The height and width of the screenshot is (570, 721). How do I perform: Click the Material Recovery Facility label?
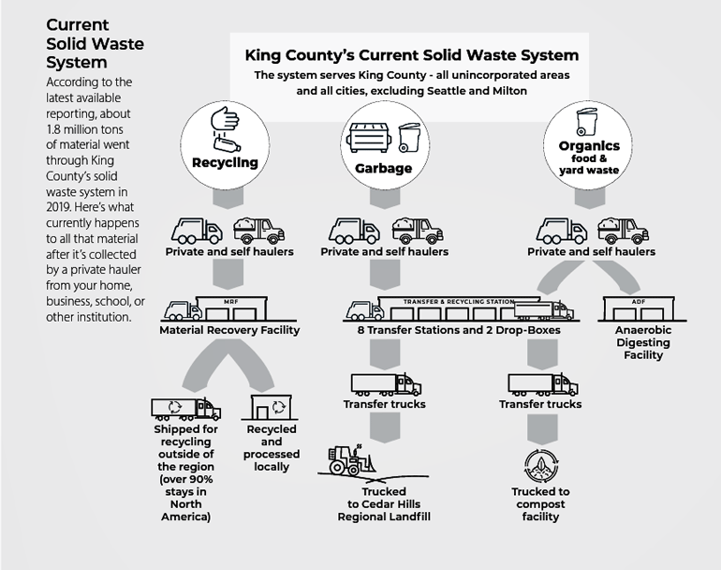(229, 330)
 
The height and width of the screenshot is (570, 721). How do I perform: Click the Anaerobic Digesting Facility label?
(640, 343)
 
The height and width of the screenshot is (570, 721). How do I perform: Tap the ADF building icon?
(640, 309)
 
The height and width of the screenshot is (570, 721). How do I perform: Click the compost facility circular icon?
(540, 465)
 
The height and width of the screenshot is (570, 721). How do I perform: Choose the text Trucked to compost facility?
(540, 504)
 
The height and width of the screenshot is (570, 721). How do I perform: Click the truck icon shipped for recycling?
(186, 409)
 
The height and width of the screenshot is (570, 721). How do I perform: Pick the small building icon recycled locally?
(272, 409)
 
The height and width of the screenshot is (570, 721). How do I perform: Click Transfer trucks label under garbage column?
(385, 404)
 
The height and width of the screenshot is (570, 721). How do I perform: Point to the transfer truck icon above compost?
(542, 383)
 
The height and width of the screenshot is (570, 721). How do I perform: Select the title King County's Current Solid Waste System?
(411, 55)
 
